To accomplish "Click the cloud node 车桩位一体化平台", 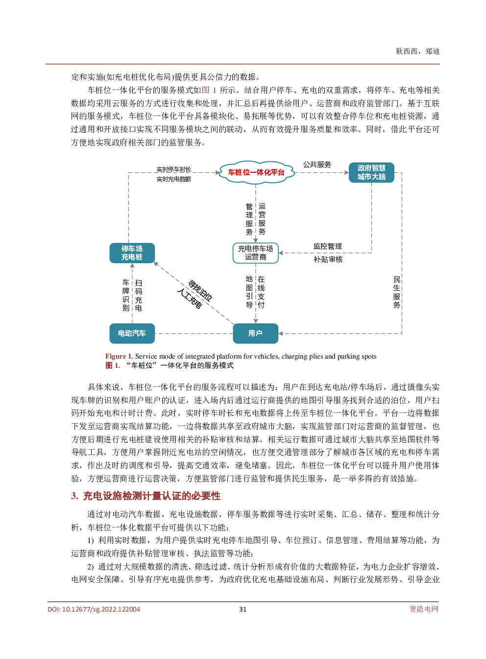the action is coord(257,172).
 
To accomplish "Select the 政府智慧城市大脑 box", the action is coord(371,172).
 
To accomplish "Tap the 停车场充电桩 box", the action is coord(132,253).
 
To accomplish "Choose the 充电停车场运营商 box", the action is coord(255,253).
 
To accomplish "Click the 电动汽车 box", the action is coord(132,333).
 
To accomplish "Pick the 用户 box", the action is coord(255,333).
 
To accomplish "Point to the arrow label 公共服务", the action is coord(317,164).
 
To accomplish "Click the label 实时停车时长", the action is coord(174,169).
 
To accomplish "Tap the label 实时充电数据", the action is coord(174,179).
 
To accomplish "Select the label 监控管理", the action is coord(328,246).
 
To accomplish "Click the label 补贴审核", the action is coord(328,259).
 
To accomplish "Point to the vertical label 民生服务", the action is coord(397,292).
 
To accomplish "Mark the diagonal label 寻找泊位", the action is coord(200,291).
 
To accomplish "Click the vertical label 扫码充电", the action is coord(139,295).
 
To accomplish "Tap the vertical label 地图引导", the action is coord(249,292).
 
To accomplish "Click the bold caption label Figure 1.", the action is coord(119,356).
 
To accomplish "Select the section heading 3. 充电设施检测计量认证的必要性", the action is coord(146,496).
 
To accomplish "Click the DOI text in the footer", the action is coord(94,609).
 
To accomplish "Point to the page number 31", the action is coord(243,609).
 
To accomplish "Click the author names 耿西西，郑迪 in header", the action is coord(417,51).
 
